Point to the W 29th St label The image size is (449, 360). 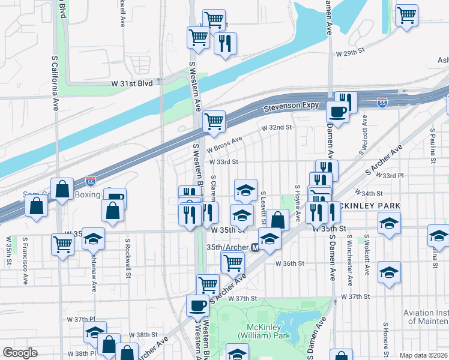(x=351, y=52)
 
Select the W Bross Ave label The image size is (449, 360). (x=224, y=145)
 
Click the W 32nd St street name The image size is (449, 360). (x=276, y=127)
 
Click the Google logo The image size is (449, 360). (x=20, y=353)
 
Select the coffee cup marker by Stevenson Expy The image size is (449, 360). (x=338, y=112)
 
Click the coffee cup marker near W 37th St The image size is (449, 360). (x=197, y=307)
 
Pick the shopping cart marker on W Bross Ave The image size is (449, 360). (x=214, y=122)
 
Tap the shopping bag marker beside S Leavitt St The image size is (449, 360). (x=277, y=220)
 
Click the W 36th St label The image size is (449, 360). (x=291, y=263)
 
